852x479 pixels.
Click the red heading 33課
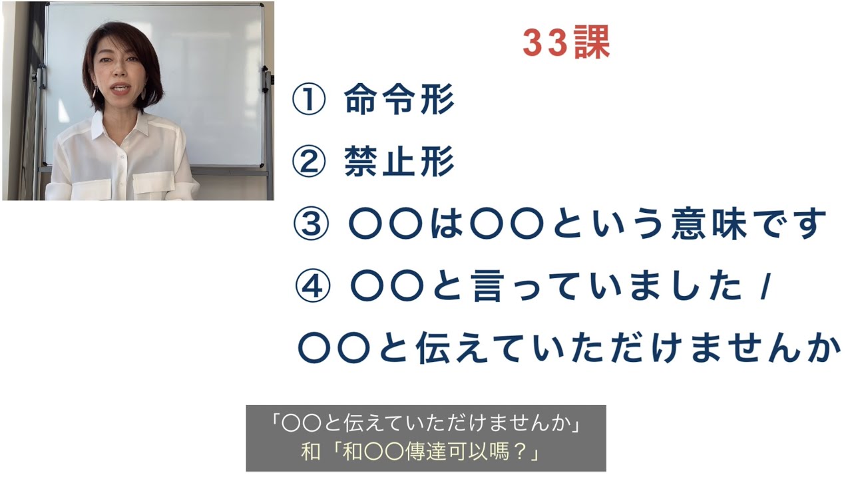[x=566, y=45]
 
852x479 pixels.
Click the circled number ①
[x=309, y=102]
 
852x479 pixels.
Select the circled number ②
[x=309, y=163]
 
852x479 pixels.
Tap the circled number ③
[x=310, y=225]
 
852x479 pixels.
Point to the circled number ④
[x=311, y=287]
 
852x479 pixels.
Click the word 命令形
[x=399, y=102]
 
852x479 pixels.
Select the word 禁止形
[x=399, y=163]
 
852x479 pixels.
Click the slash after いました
[x=763, y=287]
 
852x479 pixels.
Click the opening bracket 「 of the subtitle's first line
[x=274, y=423]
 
